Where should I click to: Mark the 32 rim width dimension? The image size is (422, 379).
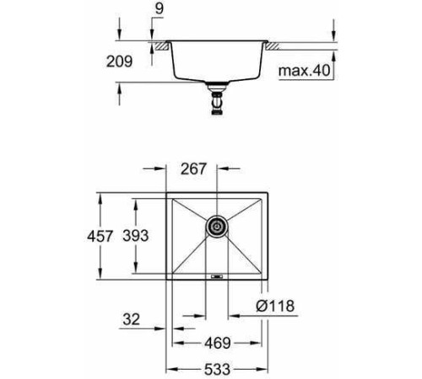tap(130, 320)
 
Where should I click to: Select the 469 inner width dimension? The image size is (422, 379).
tap(215, 344)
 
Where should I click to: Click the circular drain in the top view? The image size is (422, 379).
tap(217, 226)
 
